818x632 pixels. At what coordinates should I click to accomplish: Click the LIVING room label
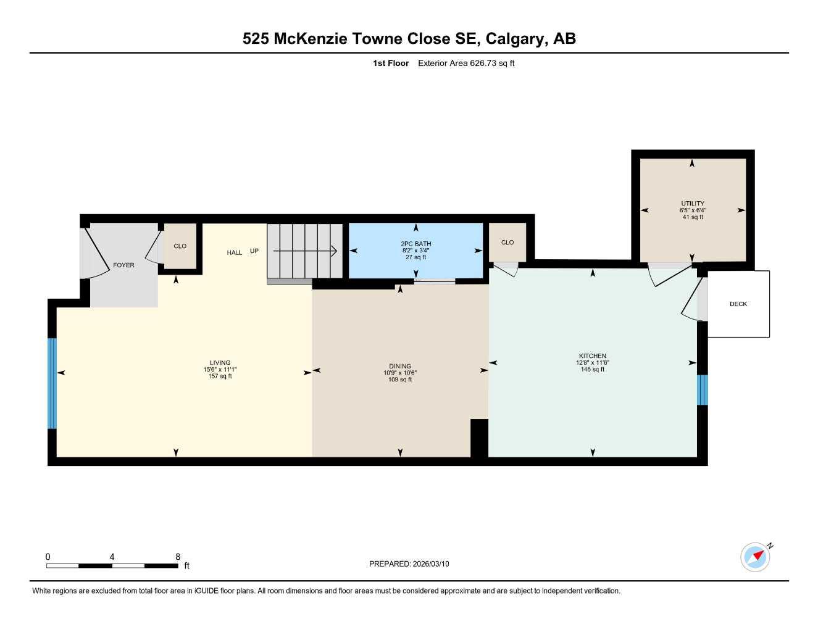tap(220, 363)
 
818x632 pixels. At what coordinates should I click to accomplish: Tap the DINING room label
tap(400, 366)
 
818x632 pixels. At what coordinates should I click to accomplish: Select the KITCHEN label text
tap(592, 356)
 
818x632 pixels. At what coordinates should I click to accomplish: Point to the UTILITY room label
tap(692, 204)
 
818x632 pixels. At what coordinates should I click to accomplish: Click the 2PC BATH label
tap(415, 244)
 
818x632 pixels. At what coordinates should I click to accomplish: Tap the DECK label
tap(738, 304)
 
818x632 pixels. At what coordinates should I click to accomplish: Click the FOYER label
tap(123, 265)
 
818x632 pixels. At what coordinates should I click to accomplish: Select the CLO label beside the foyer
tap(180, 246)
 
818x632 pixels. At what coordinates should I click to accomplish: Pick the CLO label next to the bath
tap(507, 243)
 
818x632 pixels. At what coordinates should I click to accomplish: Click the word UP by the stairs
tap(254, 251)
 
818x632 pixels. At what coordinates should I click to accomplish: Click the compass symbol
tap(756, 557)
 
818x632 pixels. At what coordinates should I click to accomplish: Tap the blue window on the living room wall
tap(52, 383)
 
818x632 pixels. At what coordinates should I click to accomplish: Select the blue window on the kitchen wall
tap(702, 389)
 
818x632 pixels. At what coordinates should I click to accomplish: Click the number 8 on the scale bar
tap(178, 557)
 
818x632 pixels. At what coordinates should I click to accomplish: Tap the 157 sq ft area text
tap(220, 376)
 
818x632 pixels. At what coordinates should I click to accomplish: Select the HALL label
tap(234, 252)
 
